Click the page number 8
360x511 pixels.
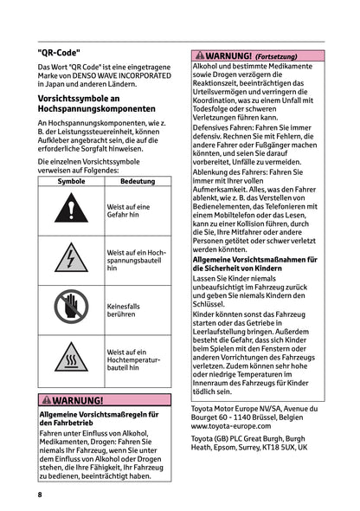(x=40, y=495)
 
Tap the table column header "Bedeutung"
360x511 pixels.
(x=138, y=181)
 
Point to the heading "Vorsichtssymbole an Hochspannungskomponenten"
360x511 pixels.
(x=96, y=105)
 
